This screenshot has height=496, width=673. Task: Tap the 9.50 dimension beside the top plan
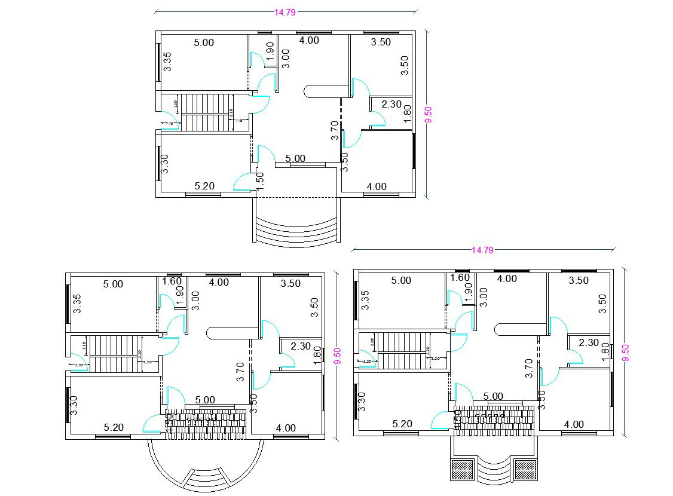pos(428,114)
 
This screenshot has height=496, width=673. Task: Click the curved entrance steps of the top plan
pos(297,231)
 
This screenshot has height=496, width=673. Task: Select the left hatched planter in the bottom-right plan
pos(461,469)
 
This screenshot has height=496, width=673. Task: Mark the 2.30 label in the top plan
pos(391,104)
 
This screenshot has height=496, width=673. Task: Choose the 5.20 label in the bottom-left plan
pos(114,427)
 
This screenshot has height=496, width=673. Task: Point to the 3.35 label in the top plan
pos(168,62)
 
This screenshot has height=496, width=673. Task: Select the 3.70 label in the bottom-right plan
pos(529,368)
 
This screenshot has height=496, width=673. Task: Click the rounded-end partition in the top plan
pos(326,91)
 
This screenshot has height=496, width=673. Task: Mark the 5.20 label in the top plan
pos(204,186)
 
